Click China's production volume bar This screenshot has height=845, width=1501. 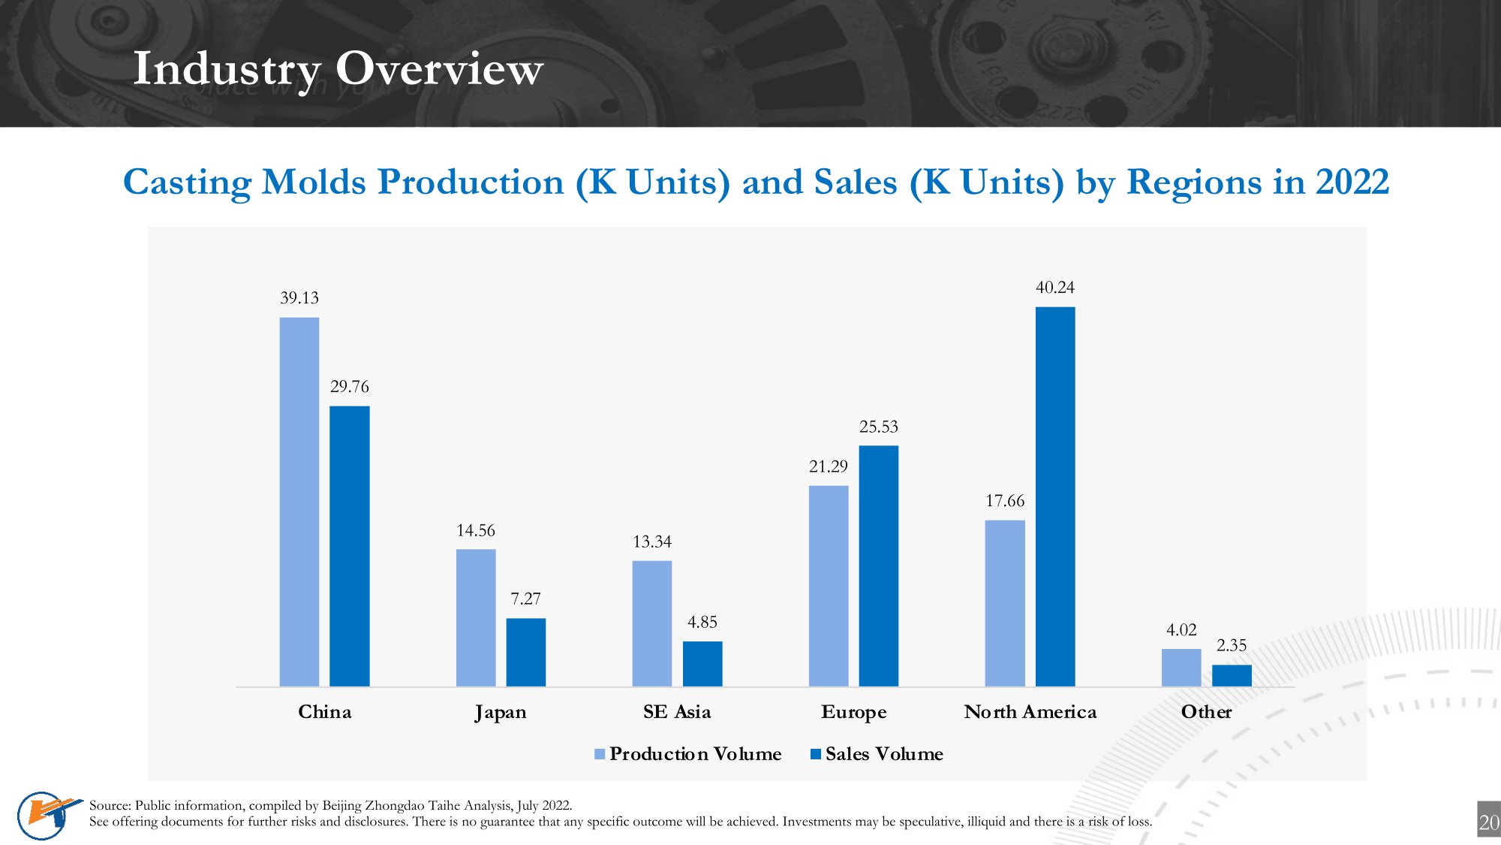[299, 502]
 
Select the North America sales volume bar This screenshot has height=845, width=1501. [1054, 496]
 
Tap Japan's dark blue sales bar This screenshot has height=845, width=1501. [525, 652]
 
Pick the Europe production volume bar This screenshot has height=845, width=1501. [828, 586]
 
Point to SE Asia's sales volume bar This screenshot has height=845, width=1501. [702, 663]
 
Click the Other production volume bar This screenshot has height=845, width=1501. [1181, 667]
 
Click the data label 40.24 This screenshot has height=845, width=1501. [1054, 288]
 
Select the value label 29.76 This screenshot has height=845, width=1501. [349, 387]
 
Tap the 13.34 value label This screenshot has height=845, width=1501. [651, 542]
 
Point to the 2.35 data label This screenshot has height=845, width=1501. [1231, 645]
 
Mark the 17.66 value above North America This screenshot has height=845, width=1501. [1004, 501]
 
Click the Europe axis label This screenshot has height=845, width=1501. [853, 712]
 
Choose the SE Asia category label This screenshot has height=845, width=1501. [676, 712]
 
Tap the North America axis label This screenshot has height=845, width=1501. [1030, 712]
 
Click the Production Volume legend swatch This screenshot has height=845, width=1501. [600, 754]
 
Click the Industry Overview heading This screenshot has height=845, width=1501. [338, 69]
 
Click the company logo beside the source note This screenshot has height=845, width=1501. [47, 815]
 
